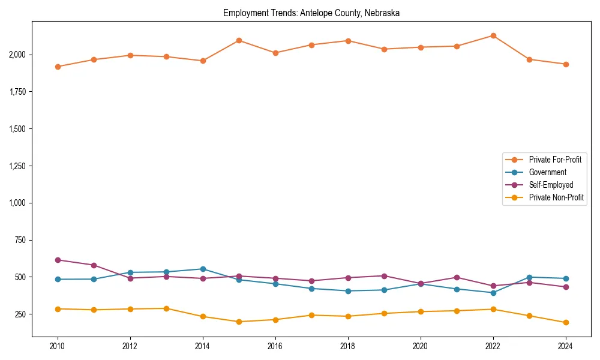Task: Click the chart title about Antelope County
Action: (x=311, y=13)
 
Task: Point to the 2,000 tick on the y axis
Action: (x=17, y=55)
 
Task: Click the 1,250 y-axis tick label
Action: (x=17, y=166)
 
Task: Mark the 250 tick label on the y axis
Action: (x=20, y=314)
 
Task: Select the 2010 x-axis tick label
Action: (x=58, y=346)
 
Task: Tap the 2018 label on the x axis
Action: (x=348, y=346)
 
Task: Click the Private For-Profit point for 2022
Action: (x=493, y=35)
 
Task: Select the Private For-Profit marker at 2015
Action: (x=239, y=40)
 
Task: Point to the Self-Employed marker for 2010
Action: (x=58, y=260)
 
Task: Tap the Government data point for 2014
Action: (x=203, y=269)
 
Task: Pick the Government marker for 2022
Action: (x=493, y=293)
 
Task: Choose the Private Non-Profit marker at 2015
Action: (x=239, y=322)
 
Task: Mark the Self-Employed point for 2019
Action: (x=384, y=276)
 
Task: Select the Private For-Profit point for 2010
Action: (x=58, y=67)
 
